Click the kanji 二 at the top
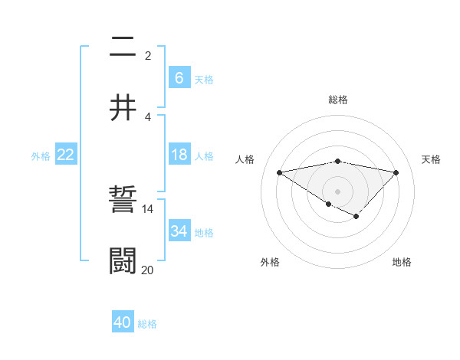pos(123,48)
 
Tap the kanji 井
pos(123,108)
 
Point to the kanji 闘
pos(123,260)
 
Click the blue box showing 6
pos(179,77)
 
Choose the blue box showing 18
pos(179,155)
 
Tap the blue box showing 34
pos(179,231)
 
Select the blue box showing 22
pos(66,155)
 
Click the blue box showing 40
pos(123,322)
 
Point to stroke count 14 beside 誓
pos(148,208)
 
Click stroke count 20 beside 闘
pos(148,269)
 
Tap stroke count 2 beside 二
pos(148,55)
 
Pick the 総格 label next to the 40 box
pos(148,324)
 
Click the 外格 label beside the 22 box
pos(41,156)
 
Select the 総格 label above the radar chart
pos(337,100)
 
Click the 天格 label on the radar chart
pos(432,159)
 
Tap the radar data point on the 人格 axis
pos(280,172)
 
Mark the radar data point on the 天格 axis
pos(396,172)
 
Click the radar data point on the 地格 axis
pos(356,218)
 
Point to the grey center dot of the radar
pos(337,191)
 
